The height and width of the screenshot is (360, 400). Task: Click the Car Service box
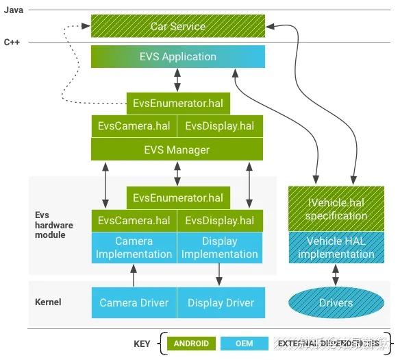[x=177, y=27]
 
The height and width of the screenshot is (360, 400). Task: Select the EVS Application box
[x=177, y=57]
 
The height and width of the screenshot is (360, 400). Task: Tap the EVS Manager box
[x=177, y=149]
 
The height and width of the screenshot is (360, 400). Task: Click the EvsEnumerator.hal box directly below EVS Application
[x=178, y=104]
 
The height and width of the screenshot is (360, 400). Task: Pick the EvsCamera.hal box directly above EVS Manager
[x=134, y=126]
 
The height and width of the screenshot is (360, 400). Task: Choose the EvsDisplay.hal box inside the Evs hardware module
[x=220, y=221]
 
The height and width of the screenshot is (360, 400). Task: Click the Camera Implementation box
[x=134, y=248]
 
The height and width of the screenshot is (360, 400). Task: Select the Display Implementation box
[x=220, y=248]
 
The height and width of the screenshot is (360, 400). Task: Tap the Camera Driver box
[x=134, y=302]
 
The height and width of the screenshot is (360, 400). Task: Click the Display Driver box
[x=220, y=302]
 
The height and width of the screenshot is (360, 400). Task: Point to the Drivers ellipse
[x=336, y=302]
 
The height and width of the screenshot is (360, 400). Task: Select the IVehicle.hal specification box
[x=336, y=208]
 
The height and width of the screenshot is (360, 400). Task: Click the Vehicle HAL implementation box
[x=336, y=248]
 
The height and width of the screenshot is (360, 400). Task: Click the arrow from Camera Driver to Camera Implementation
[x=134, y=276]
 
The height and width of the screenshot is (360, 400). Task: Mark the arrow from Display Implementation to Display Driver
[x=220, y=276]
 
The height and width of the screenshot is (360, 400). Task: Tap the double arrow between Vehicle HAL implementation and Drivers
[x=336, y=275]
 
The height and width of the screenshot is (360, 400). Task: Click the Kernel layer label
[x=48, y=302]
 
